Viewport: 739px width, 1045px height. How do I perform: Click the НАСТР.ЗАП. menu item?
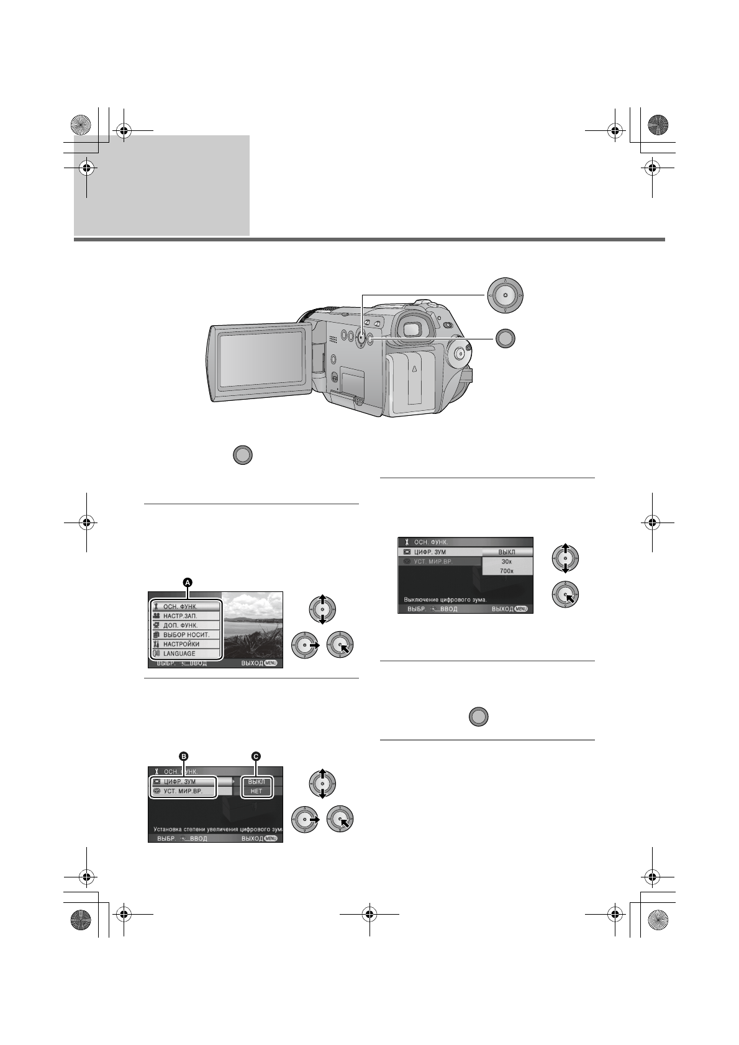point(180,616)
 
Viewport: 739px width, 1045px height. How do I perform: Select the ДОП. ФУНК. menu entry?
point(180,626)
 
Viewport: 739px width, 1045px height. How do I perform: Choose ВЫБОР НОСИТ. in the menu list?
point(186,635)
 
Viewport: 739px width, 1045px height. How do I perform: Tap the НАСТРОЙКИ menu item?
point(181,644)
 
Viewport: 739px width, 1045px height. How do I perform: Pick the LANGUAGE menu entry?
point(179,653)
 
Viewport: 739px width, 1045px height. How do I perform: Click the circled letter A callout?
point(188,582)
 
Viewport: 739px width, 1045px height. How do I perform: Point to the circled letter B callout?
point(183,756)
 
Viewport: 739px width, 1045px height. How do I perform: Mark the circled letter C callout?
point(255,756)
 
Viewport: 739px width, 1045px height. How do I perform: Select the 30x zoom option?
point(507,561)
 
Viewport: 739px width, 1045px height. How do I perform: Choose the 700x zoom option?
point(507,570)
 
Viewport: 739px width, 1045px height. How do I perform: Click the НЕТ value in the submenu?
point(256,791)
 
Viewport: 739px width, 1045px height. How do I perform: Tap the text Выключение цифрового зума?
point(445,599)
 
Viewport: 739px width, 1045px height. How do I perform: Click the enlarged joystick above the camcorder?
point(505,295)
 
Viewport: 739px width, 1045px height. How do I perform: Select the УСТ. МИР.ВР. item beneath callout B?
point(183,791)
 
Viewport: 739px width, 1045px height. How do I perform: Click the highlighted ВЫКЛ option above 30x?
point(507,552)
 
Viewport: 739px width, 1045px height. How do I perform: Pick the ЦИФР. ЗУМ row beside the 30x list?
point(438,552)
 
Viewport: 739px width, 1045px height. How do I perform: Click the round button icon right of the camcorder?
point(505,338)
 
